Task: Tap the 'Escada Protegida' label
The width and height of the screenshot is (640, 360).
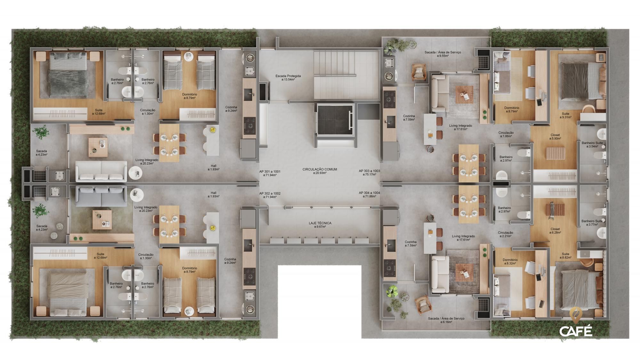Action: (288, 77)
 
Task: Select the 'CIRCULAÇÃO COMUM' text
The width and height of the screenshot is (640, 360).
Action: (319, 171)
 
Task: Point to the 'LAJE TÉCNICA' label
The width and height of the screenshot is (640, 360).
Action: (320, 225)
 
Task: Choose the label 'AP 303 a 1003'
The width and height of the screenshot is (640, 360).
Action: (369, 173)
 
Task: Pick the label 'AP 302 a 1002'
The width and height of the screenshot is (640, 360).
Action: (270, 195)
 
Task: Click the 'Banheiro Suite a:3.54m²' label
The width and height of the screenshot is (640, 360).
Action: (592, 145)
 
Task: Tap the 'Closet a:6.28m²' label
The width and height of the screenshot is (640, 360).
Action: (555, 231)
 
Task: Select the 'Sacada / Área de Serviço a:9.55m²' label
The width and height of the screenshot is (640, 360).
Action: (443, 54)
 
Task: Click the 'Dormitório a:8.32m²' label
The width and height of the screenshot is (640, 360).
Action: (510, 262)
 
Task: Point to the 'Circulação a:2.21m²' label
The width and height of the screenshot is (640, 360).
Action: (505, 234)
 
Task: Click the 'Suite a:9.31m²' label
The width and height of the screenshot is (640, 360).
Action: (565, 115)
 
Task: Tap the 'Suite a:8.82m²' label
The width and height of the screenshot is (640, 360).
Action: (565, 255)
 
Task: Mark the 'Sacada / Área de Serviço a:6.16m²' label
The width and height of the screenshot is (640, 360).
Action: (446, 320)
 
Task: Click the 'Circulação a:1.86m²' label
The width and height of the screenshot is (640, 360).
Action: (506, 134)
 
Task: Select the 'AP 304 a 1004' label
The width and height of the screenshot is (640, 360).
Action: (369, 194)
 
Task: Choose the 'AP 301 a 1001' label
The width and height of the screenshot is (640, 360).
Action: (270, 173)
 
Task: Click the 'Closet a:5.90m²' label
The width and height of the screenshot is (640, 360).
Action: (555, 137)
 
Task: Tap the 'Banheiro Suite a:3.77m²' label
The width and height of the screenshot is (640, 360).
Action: (592, 223)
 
